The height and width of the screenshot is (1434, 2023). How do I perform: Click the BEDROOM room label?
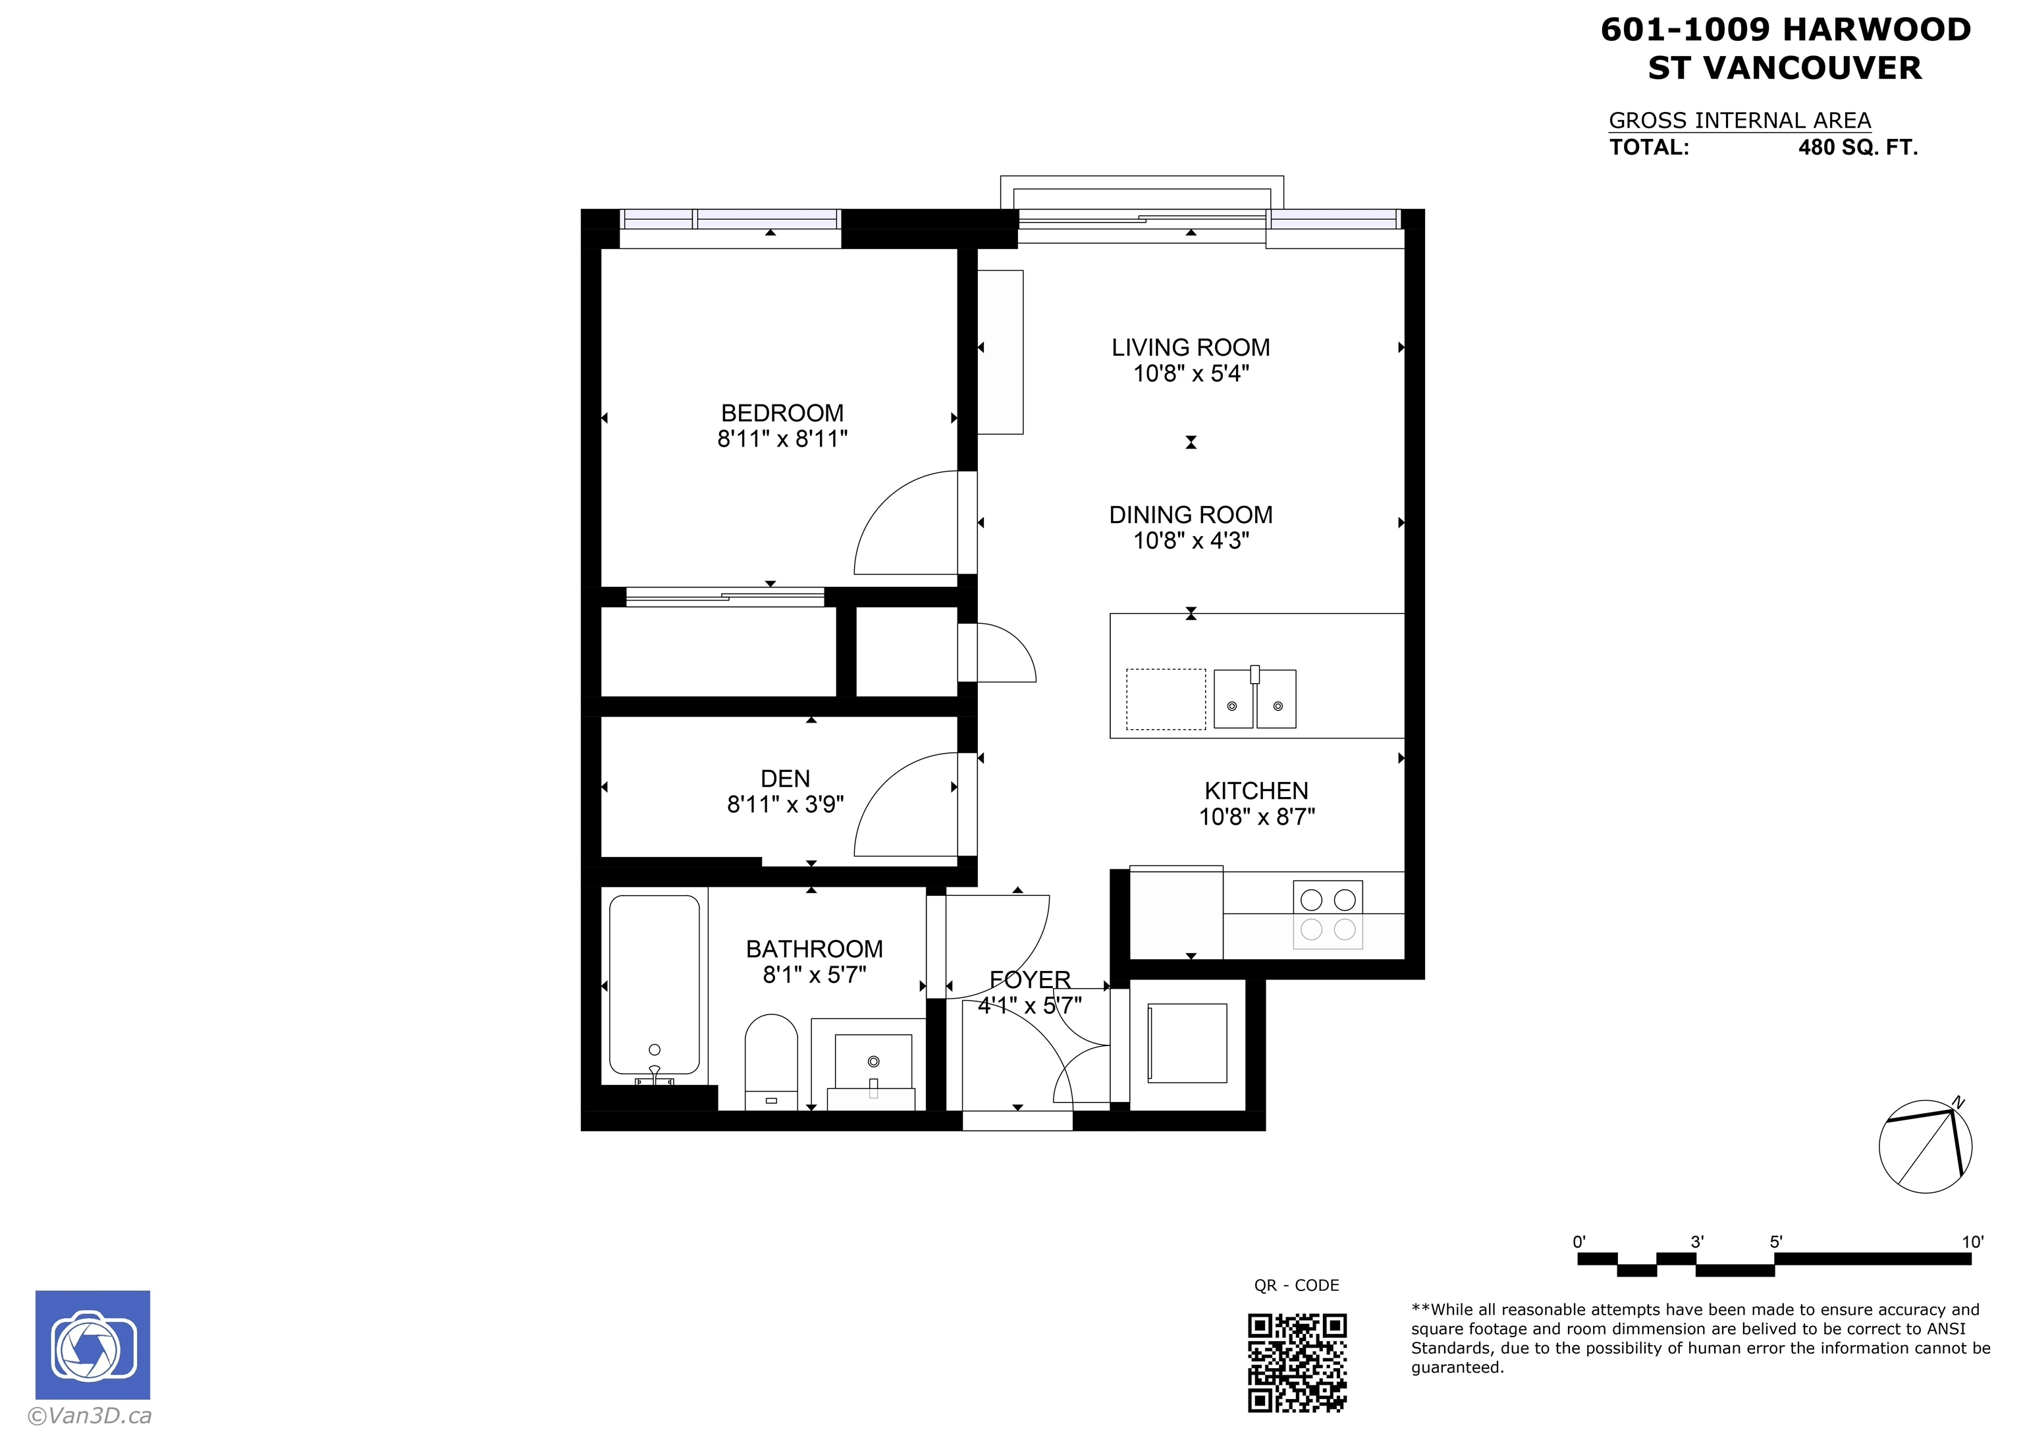coord(782,413)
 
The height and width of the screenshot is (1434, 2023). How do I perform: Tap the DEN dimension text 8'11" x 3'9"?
coord(786,804)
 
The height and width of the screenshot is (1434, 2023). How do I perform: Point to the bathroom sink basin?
coord(873,1066)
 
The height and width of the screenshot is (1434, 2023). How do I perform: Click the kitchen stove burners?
coord(1328,915)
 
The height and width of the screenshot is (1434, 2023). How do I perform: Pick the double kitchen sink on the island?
coord(1255,698)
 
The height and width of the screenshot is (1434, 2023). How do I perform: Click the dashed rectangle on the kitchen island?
coord(1166,700)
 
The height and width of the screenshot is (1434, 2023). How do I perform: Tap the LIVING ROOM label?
coord(1191,348)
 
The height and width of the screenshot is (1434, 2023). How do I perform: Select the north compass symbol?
coord(1925,1146)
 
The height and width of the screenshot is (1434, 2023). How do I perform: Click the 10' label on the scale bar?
coord(1973,1242)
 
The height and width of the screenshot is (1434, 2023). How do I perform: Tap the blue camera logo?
coord(93,1345)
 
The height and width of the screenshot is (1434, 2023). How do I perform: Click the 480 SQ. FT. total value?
coord(1858,148)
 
